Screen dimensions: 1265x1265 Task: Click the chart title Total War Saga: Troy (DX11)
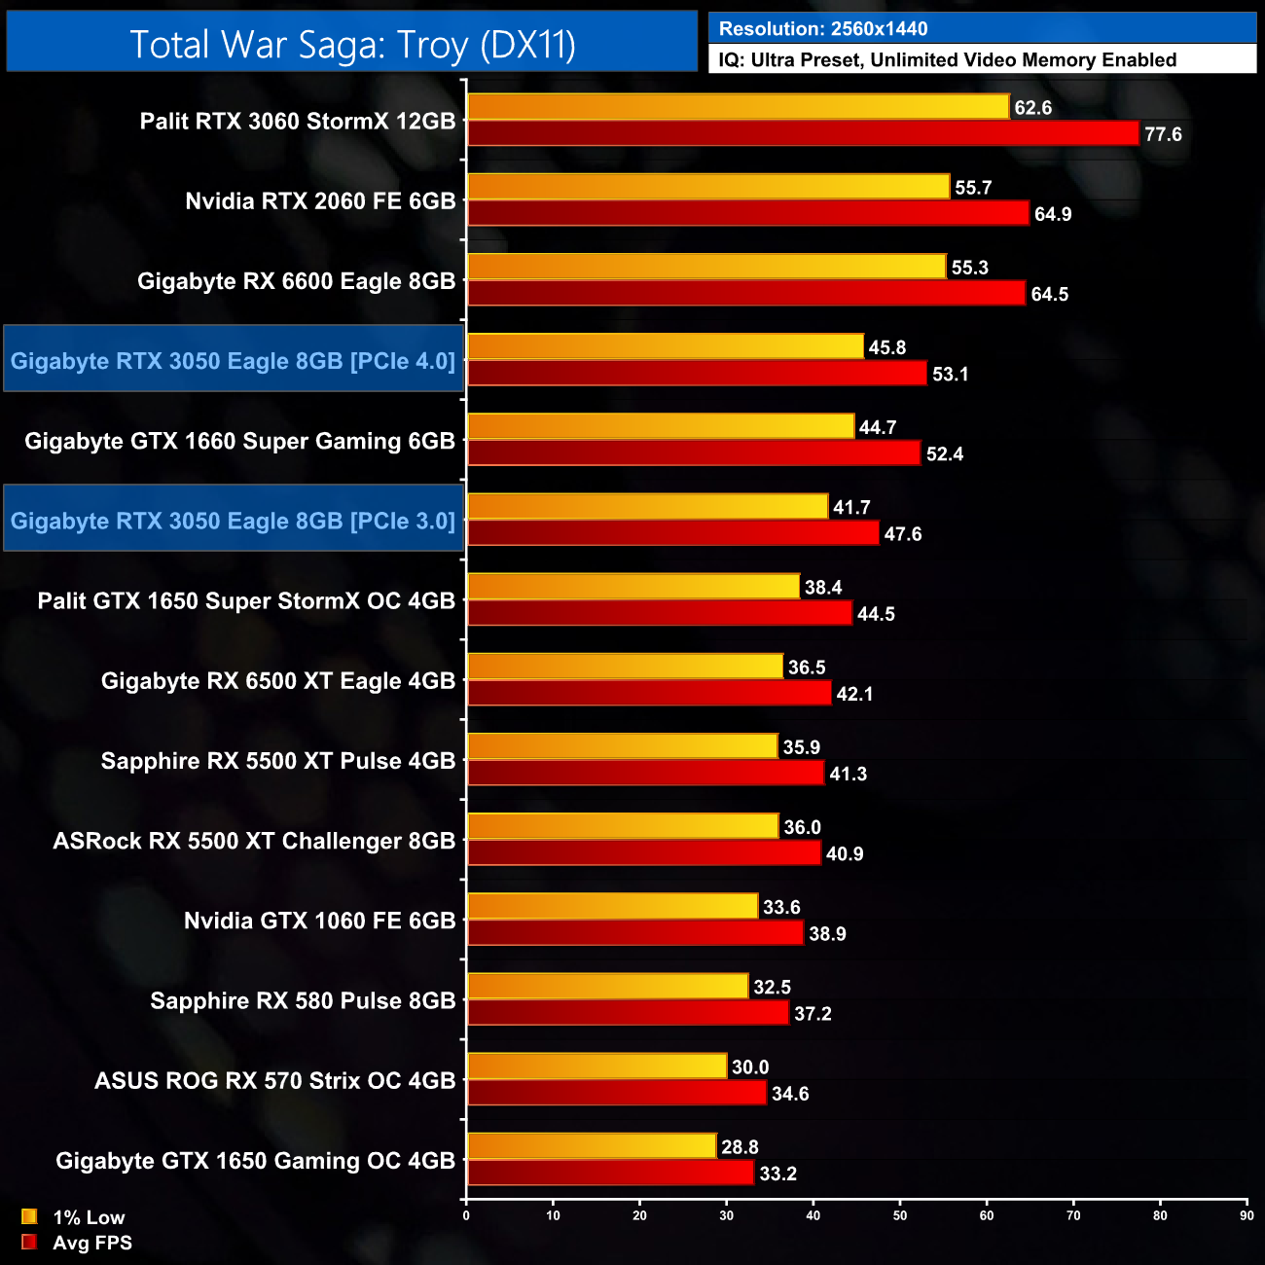coord(352,45)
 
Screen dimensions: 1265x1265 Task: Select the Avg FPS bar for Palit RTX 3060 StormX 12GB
coord(803,133)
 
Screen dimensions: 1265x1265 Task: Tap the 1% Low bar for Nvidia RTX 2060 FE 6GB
coord(708,187)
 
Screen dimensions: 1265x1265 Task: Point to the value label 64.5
coord(1049,294)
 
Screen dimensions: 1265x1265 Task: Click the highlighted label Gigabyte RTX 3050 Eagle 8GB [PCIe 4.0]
coord(233,361)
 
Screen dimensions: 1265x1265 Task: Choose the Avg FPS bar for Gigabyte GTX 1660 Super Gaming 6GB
coord(694,453)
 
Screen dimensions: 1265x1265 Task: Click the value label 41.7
coord(851,507)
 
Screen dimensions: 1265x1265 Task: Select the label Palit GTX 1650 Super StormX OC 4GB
coord(246,600)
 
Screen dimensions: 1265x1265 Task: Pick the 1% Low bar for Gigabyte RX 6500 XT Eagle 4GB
coord(625,667)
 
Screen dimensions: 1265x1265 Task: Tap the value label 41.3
coord(848,774)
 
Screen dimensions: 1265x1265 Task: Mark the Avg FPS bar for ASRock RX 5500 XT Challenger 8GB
coord(644,853)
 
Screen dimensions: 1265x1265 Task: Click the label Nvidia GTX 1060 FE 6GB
coord(319,921)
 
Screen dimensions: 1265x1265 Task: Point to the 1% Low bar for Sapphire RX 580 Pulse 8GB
coord(608,987)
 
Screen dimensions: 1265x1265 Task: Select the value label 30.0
coord(750,1067)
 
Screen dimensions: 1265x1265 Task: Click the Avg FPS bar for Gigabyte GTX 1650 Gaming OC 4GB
coord(610,1174)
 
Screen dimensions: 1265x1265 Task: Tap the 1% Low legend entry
coord(88,1217)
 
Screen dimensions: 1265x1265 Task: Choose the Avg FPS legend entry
coord(91,1243)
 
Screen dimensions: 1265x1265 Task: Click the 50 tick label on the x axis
coord(900,1215)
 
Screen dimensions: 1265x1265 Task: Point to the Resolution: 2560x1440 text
coord(823,29)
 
